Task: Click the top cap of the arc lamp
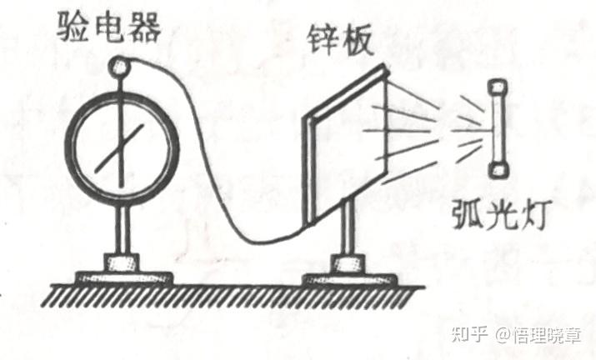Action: [x=499, y=86]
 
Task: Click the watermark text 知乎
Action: [x=468, y=335]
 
